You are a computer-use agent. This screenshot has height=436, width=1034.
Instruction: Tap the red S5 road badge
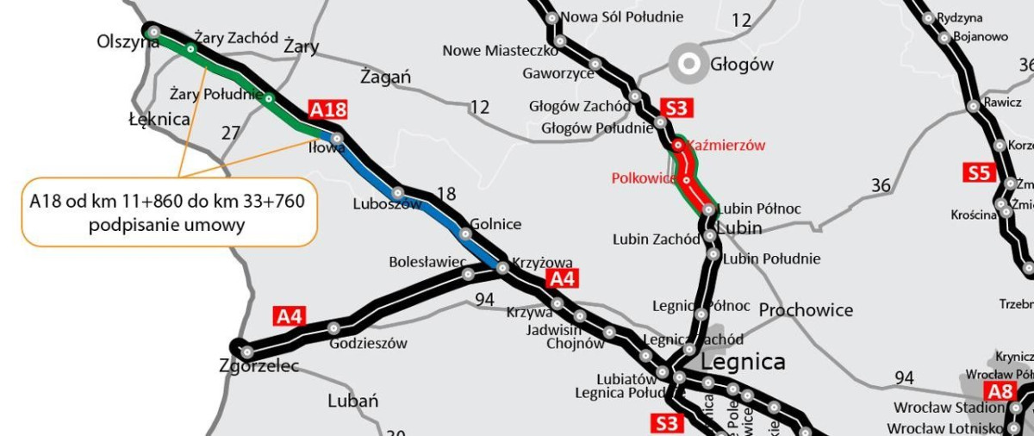click(x=979, y=173)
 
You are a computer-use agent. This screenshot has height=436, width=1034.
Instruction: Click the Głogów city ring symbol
click(x=688, y=62)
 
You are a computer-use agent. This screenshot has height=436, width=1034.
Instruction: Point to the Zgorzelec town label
click(x=259, y=366)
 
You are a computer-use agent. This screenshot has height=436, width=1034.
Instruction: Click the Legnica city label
click(x=743, y=361)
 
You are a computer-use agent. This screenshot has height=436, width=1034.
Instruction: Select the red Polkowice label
click(x=643, y=178)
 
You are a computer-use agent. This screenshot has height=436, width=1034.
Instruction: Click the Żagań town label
click(x=385, y=77)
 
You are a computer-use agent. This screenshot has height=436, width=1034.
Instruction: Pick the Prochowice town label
click(x=807, y=310)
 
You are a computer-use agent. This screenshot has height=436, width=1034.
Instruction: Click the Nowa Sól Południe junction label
click(x=621, y=17)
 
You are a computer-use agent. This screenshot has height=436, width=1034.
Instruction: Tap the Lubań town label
click(x=352, y=401)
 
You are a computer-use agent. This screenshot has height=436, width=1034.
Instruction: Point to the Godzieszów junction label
click(x=368, y=343)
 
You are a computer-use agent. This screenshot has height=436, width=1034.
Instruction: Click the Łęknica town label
click(x=158, y=119)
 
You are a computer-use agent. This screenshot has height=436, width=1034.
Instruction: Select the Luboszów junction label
click(x=387, y=205)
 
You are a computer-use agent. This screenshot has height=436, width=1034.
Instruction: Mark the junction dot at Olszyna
click(x=153, y=32)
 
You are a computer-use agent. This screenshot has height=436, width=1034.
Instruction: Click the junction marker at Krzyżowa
click(x=502, y=268)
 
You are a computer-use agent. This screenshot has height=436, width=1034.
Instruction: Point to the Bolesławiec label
click(x=427, y=260)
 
